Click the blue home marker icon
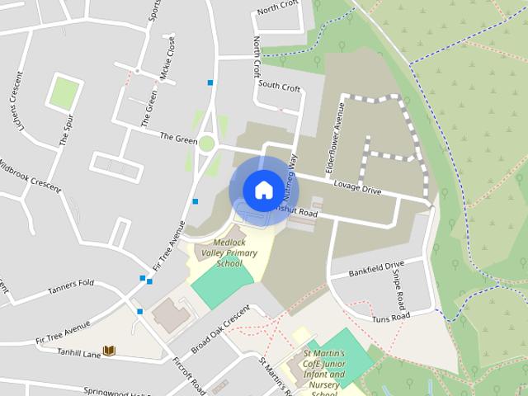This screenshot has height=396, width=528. click(262, 190)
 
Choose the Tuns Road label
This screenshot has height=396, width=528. click(390, 317)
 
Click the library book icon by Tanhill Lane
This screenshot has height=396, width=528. click(109, 351)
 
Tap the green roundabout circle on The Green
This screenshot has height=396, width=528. click(206, 144)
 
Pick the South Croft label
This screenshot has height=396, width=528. click(279, 85)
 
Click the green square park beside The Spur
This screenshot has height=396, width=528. click(63, 92)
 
